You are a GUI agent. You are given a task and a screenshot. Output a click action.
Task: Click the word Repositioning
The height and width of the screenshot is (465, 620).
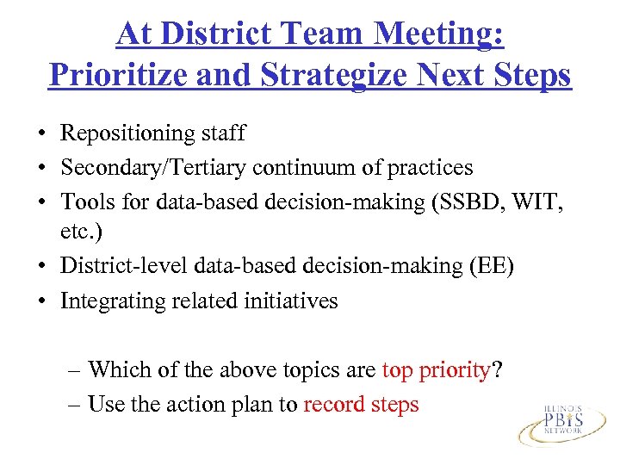tap(127, 133)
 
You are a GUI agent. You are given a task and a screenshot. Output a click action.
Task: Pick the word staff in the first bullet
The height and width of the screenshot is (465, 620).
tap(223, 133)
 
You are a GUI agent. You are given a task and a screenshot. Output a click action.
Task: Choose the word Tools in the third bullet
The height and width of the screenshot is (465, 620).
tap(84, 200)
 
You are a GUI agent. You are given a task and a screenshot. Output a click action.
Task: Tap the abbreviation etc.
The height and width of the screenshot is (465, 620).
tap(78, 233)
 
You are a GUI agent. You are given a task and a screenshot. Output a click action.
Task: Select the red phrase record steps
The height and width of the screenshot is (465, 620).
tap(361, 404)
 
